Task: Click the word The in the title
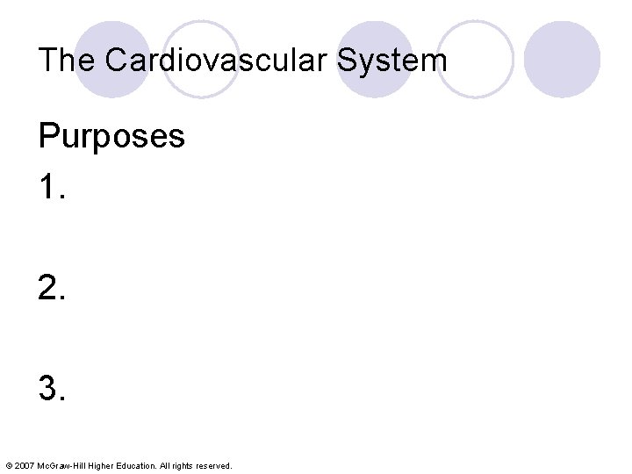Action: click(66, 61)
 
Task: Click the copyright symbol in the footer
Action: click(8, 465)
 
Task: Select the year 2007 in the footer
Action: click(24, 465)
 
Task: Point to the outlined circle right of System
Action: click(475, 60)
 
